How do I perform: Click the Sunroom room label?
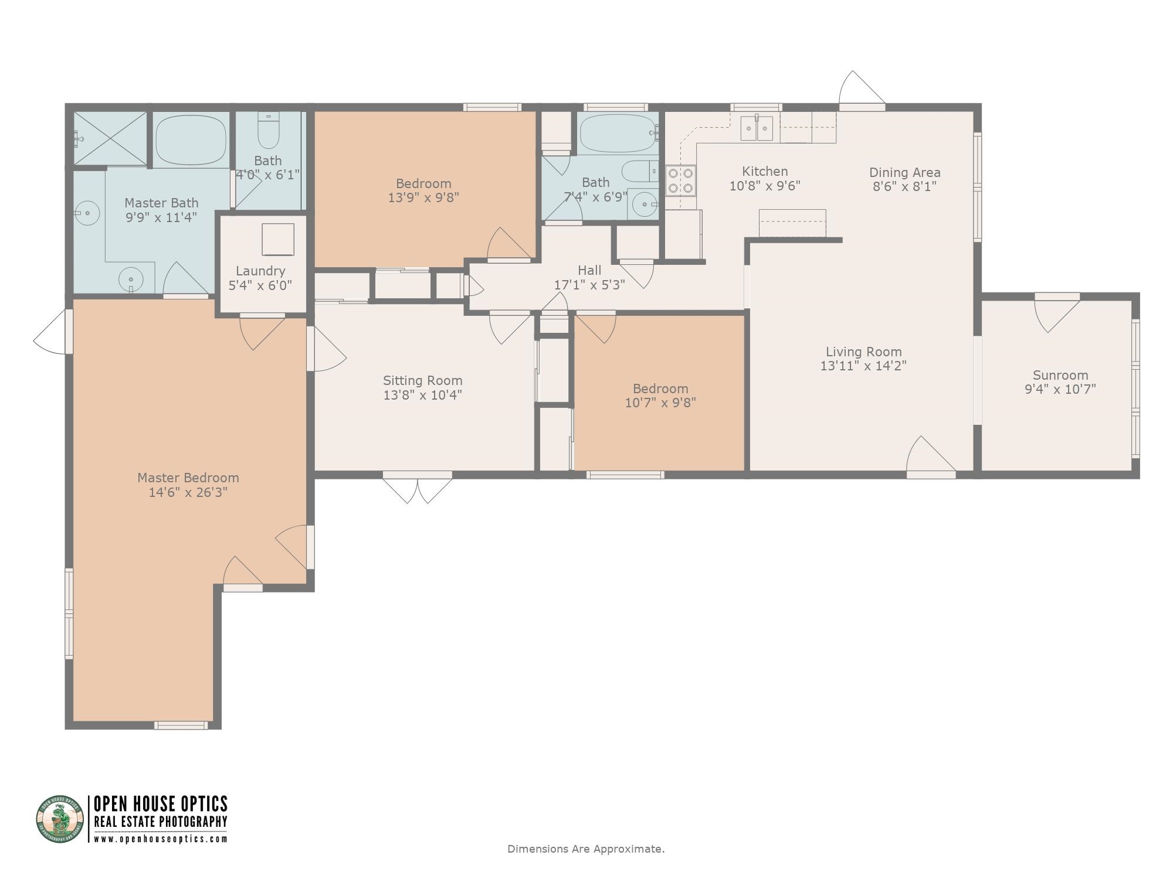[1060, 375]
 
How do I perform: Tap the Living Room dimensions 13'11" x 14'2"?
[863, 366]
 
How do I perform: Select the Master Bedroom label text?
[188, 478]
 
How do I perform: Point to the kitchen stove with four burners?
[680, 180]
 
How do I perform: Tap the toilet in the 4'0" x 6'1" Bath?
[269, 131]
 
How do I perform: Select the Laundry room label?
[260, 271]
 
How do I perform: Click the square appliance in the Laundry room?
[278, 239]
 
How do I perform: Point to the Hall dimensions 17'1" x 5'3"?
[589, 285]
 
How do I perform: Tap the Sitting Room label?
[422, 380]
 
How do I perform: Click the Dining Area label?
[904, 172]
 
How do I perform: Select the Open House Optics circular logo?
[60, 819]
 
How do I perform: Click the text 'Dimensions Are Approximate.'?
[586, 849]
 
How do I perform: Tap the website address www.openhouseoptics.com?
[161, 839]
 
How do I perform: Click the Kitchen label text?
[765, 171]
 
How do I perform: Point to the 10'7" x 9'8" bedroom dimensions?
[660, 403]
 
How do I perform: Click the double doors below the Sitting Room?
[418, 486]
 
